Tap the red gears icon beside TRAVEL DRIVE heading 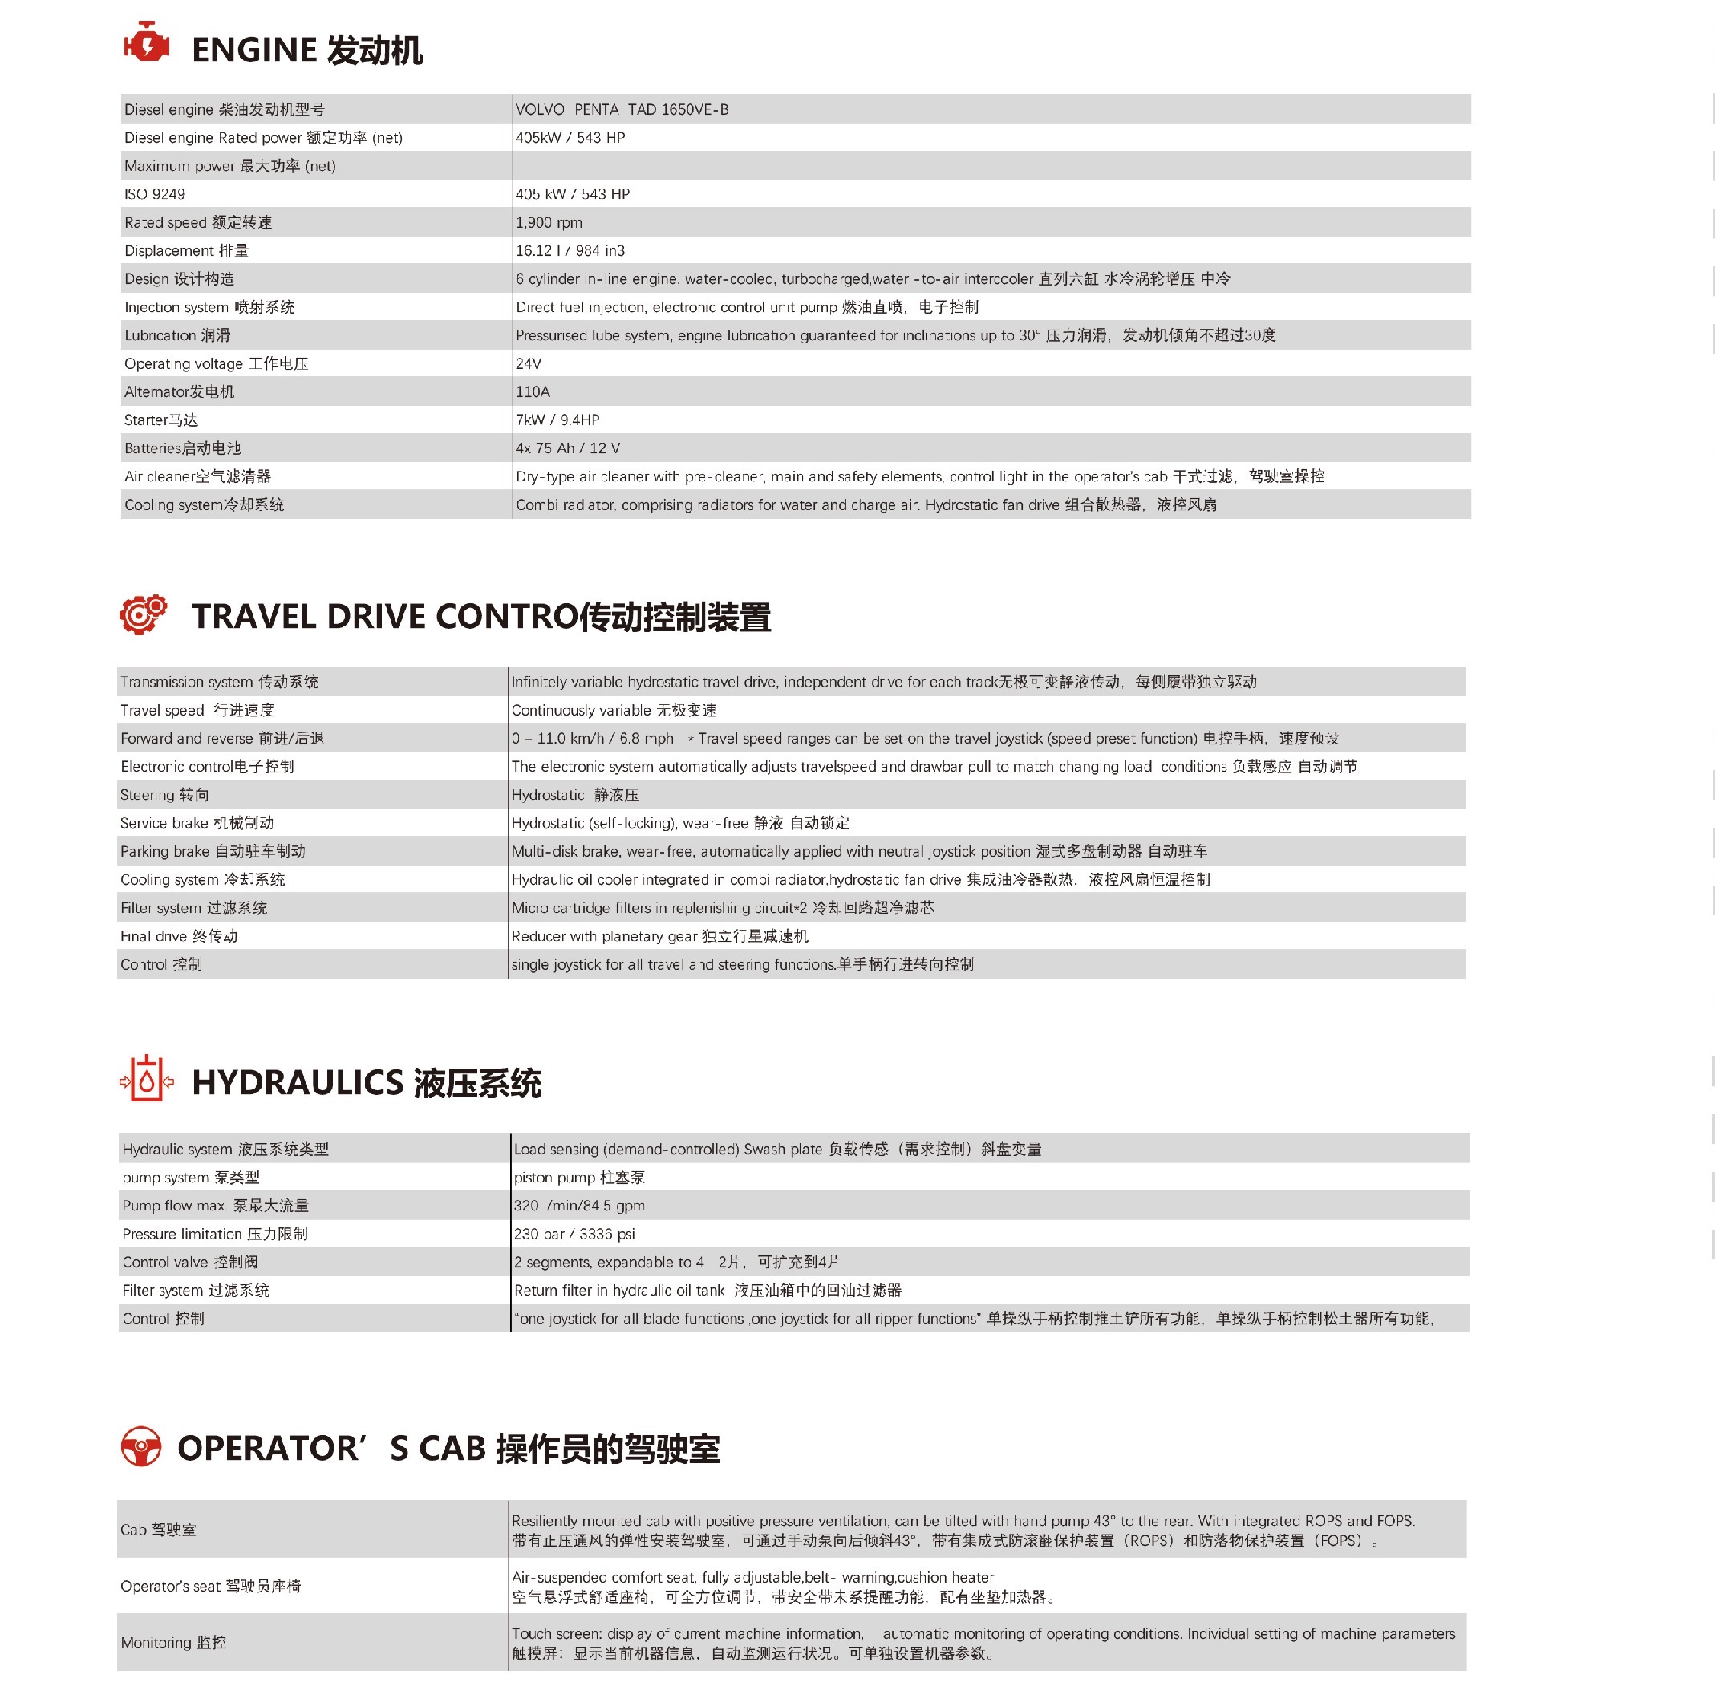(143, 614)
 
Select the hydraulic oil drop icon (147, 1081)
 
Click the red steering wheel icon (141, 1447)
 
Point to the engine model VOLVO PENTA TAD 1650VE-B (622, 109)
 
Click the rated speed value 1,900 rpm (549, 222)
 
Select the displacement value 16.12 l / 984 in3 (570, 250)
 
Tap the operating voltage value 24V (528, 363)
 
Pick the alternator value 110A (533, 391)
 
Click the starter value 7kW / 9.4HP (557, 420)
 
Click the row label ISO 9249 (155, 193)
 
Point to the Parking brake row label (212, 851)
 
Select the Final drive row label (178, 935)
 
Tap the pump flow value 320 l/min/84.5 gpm (579, 1206)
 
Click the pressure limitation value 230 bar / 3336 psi (574, 1234)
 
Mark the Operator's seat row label (210, 1586)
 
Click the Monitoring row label (173, 1643)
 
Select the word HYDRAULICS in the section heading (298, 1082)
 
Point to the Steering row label (164, 794)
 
